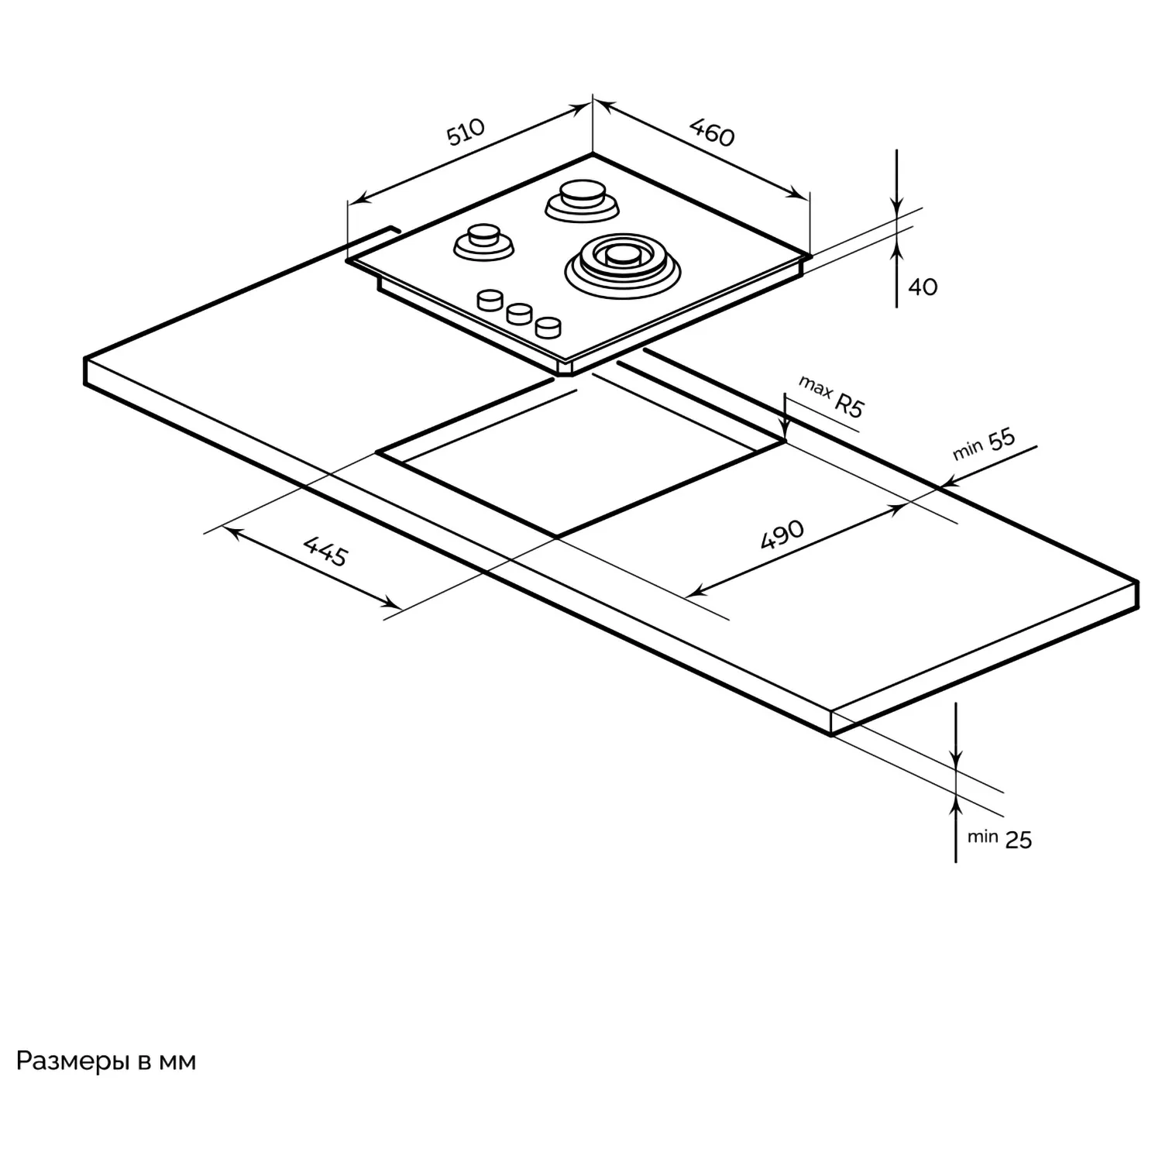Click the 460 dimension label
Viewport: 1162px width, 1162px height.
pos(711,132)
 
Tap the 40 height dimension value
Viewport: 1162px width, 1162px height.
pos(923,287)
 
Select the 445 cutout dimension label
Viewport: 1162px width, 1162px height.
pos(326,551)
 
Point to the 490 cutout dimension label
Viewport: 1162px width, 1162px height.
pos(782,534)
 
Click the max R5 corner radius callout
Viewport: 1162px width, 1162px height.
pos(830,396)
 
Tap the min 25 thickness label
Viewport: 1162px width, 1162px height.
pos(999,838)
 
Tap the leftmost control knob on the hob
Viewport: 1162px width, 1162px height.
pos(490,300)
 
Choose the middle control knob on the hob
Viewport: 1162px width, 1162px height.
pos(519,312)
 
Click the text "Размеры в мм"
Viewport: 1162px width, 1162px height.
pos(106,1061)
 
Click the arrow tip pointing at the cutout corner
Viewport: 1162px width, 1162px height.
pos(785,440)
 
